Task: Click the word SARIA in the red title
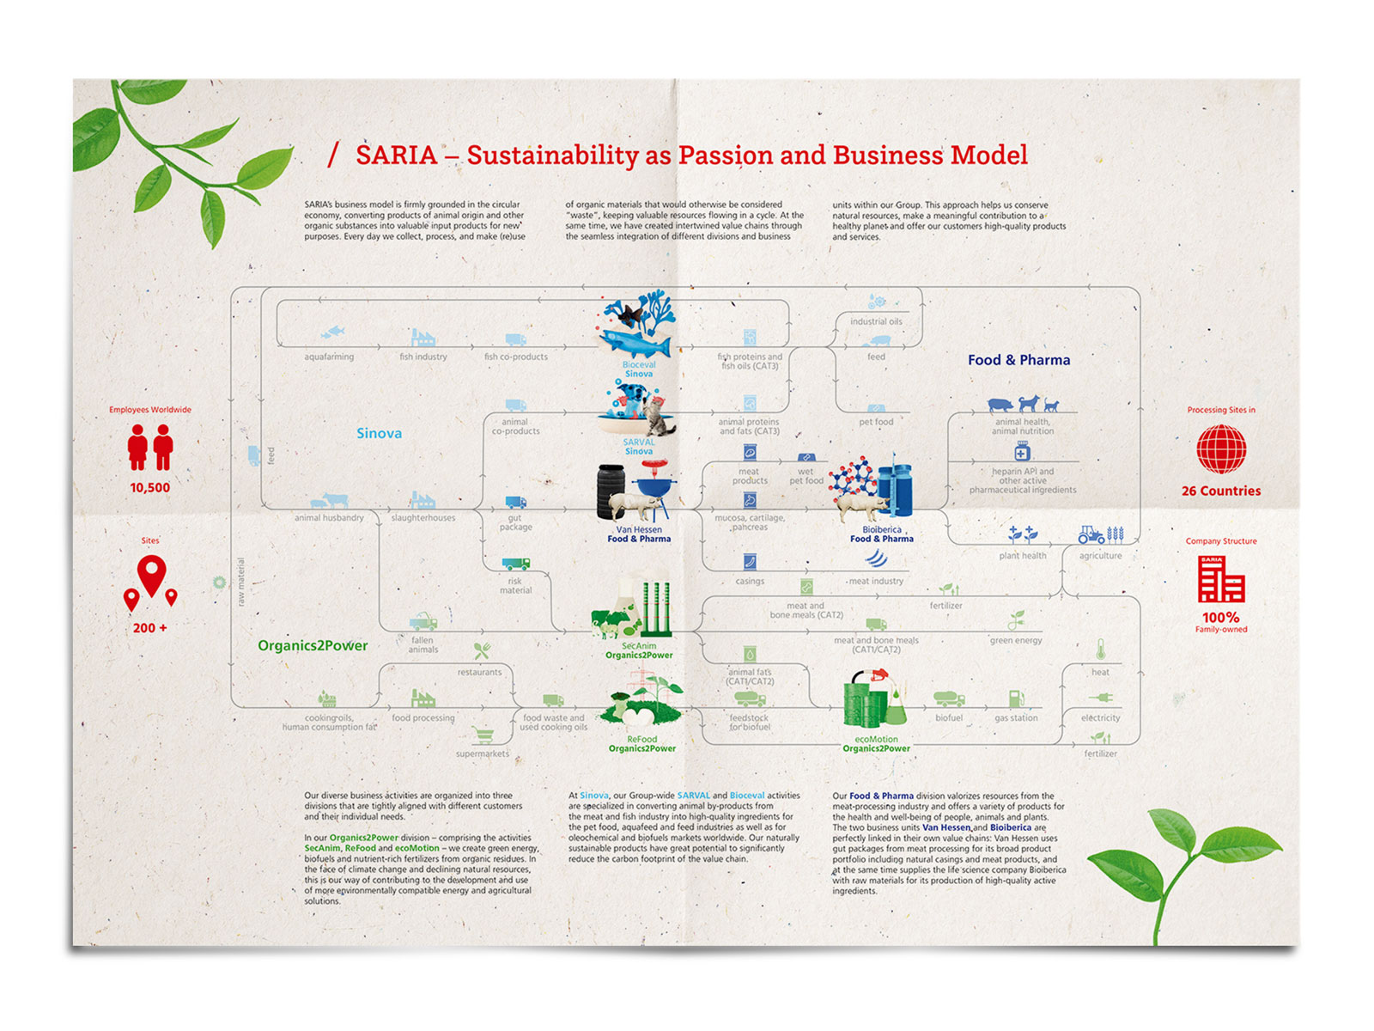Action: [396, 156]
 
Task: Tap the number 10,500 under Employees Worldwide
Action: [150, 488]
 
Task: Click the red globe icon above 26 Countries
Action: [1221, 449]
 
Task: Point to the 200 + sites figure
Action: [150, 628]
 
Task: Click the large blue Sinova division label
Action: [379, 433]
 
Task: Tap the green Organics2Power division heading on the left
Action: [313, 645]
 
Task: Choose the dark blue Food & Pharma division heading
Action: [1018, 360]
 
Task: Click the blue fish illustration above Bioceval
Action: [635, 343]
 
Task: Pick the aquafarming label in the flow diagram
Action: [329, 357]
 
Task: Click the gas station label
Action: [1016, 718]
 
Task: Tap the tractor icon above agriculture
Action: [1091, 534]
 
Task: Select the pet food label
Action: [876, 422]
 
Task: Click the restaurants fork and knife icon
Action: [482, 652]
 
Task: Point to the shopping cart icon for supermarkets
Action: [483, 735]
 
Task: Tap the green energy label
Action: [1016, 640]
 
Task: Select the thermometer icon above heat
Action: [1100, 650]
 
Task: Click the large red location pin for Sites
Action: [152, 574]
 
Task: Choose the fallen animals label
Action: [423, 644]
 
